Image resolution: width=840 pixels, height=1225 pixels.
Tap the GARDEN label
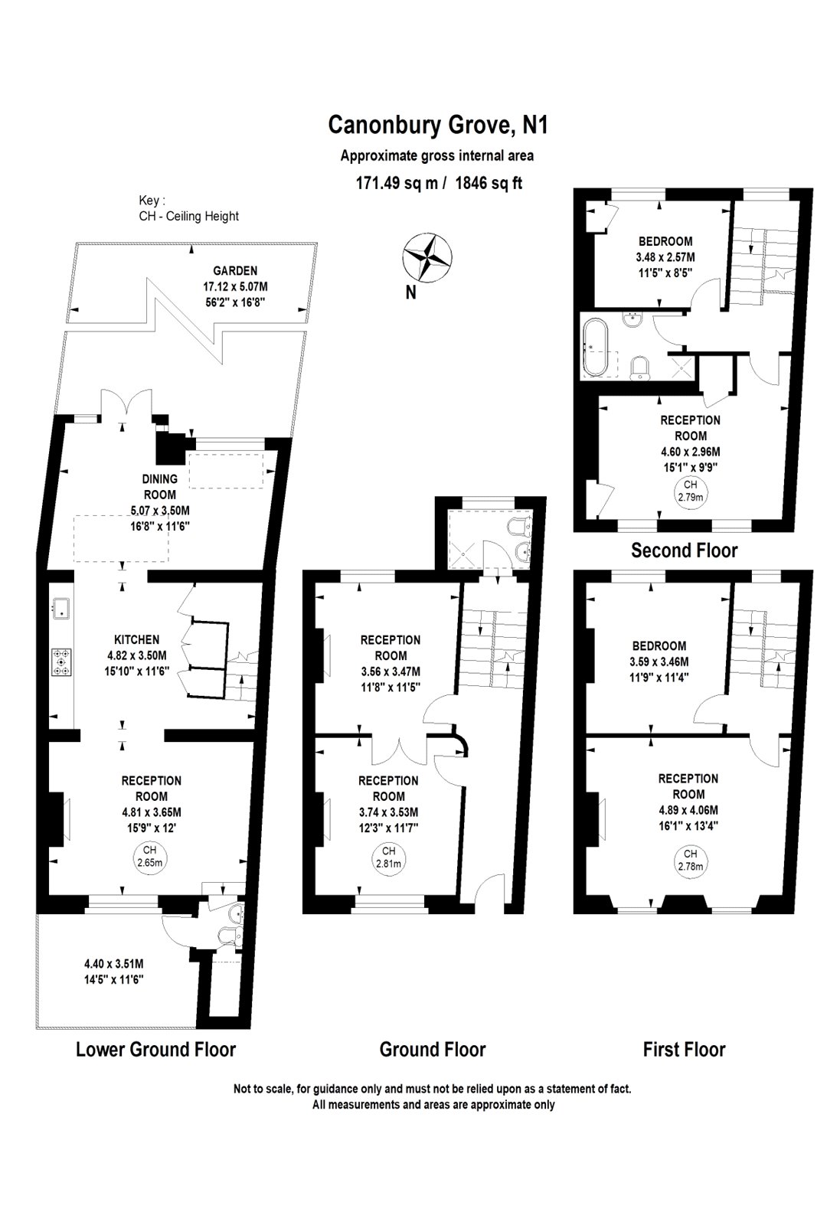pos(235,270)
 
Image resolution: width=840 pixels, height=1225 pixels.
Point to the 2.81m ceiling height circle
pos(388,857)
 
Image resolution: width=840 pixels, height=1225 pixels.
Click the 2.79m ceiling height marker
pos(690,490)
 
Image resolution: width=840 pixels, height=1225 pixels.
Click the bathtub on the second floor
pos(595,348)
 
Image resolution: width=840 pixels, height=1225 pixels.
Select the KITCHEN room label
pos(136,639)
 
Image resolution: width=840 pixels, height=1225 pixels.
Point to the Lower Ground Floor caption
pos(155,1048)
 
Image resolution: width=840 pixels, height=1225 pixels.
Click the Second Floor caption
pos(684,550)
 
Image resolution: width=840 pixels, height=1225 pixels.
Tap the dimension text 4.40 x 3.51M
pos(114,965)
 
